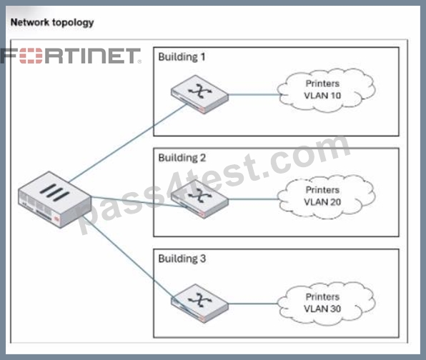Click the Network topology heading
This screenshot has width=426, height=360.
(x=52, y=23)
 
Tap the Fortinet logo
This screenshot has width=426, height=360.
(x=71, y=56)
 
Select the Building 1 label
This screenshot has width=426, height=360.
(x=182, y=57)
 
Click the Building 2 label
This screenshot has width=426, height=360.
(x=182, y=158)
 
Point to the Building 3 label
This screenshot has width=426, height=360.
(x=182, y=259)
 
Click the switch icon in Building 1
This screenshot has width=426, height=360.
(x=199, y=94)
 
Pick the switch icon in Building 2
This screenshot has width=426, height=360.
(x=199, y=199)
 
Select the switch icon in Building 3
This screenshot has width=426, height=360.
(x=199, y=304)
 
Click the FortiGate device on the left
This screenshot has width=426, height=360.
(x=54, y=199)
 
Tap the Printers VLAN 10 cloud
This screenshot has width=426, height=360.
(x=326, y=90)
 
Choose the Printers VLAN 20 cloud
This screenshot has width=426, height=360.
(x=326, y=196)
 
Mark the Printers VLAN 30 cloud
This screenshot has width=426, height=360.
(x=326, y=304)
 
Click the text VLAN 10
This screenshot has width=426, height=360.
(x=322, y=96)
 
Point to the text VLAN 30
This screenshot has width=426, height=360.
(x=322, y=309)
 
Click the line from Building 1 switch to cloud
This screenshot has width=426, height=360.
(x=254, y=95)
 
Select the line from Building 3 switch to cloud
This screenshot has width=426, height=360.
(x=253, y=304)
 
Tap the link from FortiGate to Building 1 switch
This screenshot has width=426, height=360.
(x=127, y=143)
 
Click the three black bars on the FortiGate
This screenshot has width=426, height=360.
(x=54, y=192)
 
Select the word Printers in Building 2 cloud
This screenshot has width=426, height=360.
(x=322, y=190)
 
